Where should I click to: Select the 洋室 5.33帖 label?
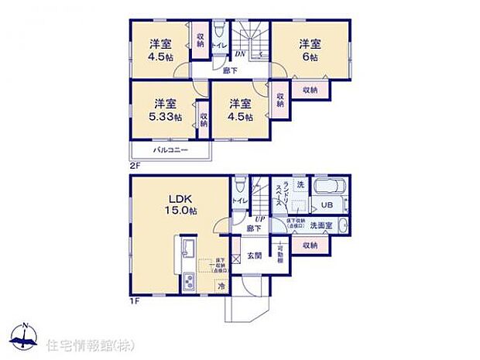164,111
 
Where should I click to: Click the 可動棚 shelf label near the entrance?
279,255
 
